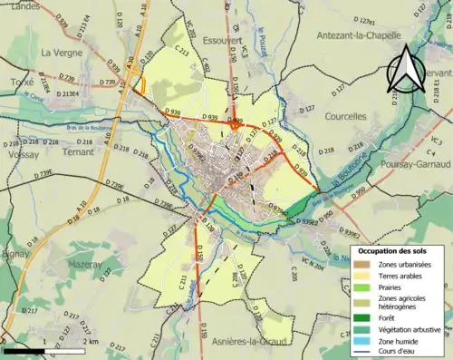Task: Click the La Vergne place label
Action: (x=62, y=53)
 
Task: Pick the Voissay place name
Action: (x=24, y=154)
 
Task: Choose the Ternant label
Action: (x=80, y=154)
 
